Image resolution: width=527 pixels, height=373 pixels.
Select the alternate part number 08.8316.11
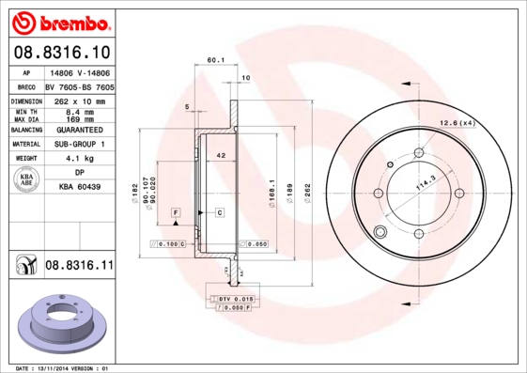click(x=79, y=266)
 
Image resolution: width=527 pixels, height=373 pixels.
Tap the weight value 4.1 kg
click(x=80, y=159)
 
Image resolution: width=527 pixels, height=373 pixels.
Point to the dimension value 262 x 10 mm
click(x=80, y=101)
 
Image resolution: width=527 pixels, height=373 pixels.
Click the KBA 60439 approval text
click(x=80, y=187)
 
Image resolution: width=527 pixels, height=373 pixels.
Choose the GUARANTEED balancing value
click(x=80, y=130)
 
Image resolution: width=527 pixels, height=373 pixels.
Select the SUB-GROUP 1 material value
click(x=80, y=145)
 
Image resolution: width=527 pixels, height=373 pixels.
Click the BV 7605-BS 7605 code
click(x=80, y=85)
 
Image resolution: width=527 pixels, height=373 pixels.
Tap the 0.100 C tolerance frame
click(x=170, y=243)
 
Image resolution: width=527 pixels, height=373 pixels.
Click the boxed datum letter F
click(x=175, y=214)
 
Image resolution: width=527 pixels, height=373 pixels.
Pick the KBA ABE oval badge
click(x=27, y=179)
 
